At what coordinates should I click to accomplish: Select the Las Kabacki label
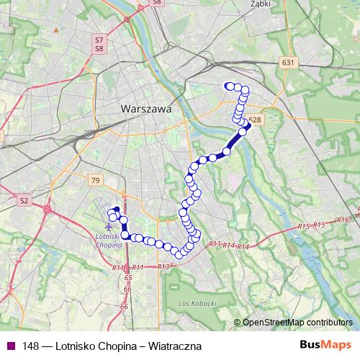[197, 304]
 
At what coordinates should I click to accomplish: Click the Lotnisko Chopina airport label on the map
[107, 240]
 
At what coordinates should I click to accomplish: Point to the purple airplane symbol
[108, 228]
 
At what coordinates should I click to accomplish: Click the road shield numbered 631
[289, 63]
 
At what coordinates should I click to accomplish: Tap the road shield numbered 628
[254, 120]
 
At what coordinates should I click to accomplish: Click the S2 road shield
[24, 200]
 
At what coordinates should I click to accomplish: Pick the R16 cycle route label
[342, 220]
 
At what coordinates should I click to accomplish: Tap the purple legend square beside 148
[10, 346]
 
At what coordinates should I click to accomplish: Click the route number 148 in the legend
[30, 346]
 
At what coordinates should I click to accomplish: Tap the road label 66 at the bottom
[125, 307]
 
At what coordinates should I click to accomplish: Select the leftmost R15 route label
[304, 228]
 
